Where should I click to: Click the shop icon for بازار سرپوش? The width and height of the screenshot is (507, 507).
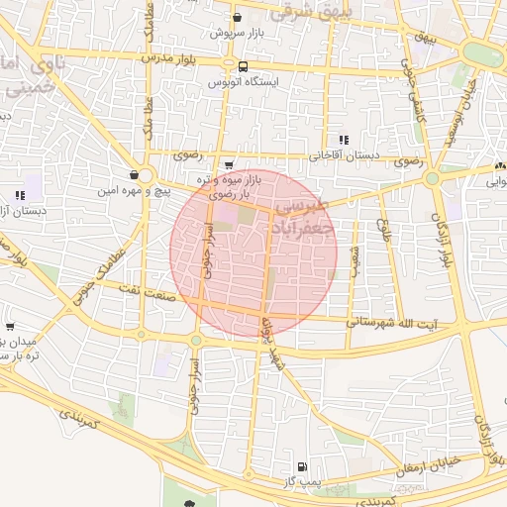point(237,17)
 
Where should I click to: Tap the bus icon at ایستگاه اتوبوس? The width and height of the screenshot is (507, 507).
point(243,66)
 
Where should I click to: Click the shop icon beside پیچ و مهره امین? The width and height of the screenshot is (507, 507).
point(133,174)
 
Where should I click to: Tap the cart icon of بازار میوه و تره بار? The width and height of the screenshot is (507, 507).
point(230,165)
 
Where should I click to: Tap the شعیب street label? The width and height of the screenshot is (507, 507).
point(356,260)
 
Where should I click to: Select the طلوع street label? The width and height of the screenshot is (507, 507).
point(382,233)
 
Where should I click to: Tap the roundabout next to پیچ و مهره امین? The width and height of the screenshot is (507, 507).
point(146,175)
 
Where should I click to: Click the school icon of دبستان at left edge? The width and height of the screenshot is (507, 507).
point(20,195)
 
